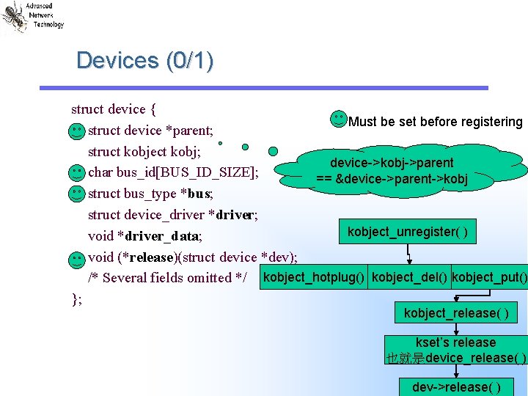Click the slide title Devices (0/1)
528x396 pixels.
[144, 60]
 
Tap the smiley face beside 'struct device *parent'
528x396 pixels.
[76, 131]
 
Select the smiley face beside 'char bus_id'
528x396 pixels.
[76, 173]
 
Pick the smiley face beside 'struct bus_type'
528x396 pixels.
[76, 194]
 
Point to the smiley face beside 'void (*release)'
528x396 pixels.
[76, 258]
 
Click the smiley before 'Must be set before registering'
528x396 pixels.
[339, 118]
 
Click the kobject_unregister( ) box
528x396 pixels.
[407, 232]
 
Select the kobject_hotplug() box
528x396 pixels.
[314, 277]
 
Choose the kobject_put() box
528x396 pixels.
[489, 277]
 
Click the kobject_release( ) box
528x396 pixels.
[455, 313]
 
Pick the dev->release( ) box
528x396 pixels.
[456, 386]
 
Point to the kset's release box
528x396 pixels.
[455, 350]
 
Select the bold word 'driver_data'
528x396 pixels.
[163, 236]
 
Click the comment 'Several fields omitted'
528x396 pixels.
[168, 278]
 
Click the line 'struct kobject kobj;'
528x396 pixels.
[150, 152]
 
